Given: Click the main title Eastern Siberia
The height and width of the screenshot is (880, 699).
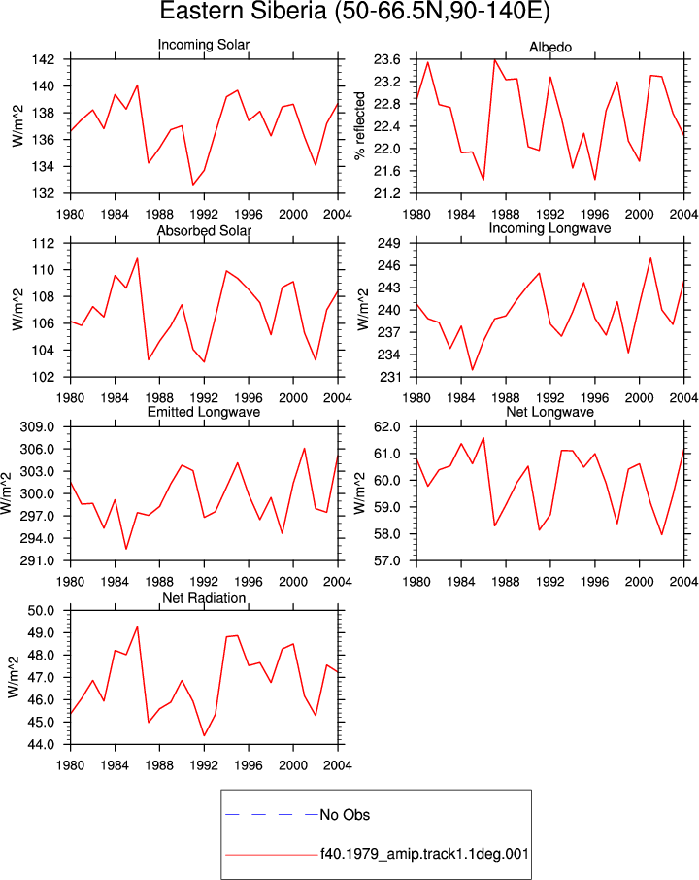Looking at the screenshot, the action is pyautogui.click(x=243, y=11).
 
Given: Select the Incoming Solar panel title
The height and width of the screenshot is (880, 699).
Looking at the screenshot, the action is pyautogui.click(x=204, y=45).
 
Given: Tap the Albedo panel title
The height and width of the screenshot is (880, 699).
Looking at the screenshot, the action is pyautogui.click(x=550, y=48).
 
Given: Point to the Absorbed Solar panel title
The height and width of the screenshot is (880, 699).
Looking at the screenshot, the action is pyautogui.click(x=204, y=230).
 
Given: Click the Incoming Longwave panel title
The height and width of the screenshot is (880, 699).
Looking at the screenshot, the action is pyautogui.click(x=549, y=228).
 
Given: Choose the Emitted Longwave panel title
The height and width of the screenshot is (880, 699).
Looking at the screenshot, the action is pyautogui.click(x=204, y=412).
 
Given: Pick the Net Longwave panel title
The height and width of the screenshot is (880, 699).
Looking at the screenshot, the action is pyautogui.click(x=549, y=412).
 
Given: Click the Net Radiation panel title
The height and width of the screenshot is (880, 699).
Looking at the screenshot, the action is pyautogui.click(x=204, y=598).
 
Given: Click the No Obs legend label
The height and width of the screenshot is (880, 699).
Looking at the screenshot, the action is pyautogui.click(x=345, y=815).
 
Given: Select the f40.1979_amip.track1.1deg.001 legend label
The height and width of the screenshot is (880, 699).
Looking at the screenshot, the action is pyautogui.click(x=424, y=854).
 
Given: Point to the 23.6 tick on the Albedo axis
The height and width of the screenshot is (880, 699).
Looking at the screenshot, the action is pyautogui.click(x=387, y=59).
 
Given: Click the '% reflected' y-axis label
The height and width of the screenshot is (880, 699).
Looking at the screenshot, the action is pyautogui.click(x=359, y=126).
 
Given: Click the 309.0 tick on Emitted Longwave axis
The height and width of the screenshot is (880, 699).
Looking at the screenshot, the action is pyautogui.click(x=38, y=427).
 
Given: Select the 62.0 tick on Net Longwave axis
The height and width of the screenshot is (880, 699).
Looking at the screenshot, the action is pyautogui.click(x=387, y=427).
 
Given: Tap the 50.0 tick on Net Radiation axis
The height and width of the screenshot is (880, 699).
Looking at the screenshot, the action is pyautogui.click(x=41, y=611).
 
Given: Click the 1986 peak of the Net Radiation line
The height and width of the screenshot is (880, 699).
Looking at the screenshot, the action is pyautogui.click(x=138, y=626).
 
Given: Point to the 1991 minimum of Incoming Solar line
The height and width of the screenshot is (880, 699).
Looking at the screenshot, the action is pyautogui.click(x=193, y=185).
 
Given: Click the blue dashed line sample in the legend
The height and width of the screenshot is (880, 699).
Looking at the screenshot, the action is pyautogui.click(x=272, y=814).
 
